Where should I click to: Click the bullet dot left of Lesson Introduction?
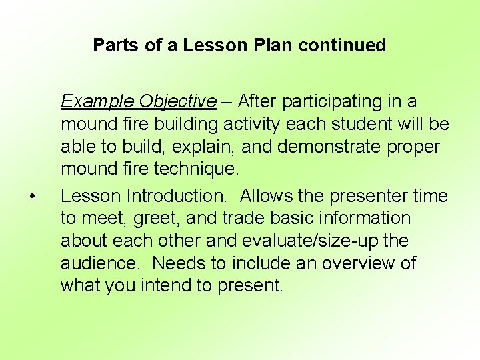click(31, 197)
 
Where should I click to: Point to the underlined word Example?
click(97, 101)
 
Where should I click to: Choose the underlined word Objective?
click(178, 101)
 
